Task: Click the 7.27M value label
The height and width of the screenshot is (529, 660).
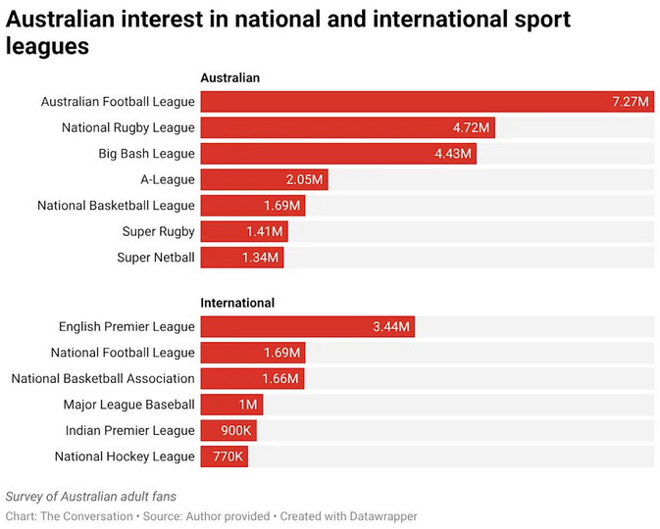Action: pos(630,102)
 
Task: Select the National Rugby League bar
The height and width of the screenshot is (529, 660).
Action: pos(347,127)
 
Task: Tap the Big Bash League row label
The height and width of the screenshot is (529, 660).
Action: pos(146,154)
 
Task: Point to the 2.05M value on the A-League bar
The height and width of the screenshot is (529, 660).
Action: pos(304,179)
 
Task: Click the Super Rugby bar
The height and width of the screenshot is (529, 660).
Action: pos(243,231)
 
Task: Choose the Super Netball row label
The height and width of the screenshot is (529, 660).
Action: pos(155,258)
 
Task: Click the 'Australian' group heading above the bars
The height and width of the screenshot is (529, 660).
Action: pos(229,77)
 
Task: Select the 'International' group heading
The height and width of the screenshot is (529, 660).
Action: pos(237,303)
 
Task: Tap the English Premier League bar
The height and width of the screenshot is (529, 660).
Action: pos(307,326)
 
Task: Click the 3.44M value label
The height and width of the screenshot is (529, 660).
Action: pos(391,326)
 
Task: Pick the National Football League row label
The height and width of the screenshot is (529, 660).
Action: pos(123,353)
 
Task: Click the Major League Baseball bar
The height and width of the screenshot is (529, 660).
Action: pos(231,405)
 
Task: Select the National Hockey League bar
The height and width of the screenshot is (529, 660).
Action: pos(224,457)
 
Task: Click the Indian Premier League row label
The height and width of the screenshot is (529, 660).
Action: pos(130,430)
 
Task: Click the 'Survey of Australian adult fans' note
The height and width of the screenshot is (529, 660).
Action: pos(91,497)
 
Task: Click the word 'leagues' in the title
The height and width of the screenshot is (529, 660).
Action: pos(47,46)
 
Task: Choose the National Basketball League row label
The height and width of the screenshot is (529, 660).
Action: pos(116,206)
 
